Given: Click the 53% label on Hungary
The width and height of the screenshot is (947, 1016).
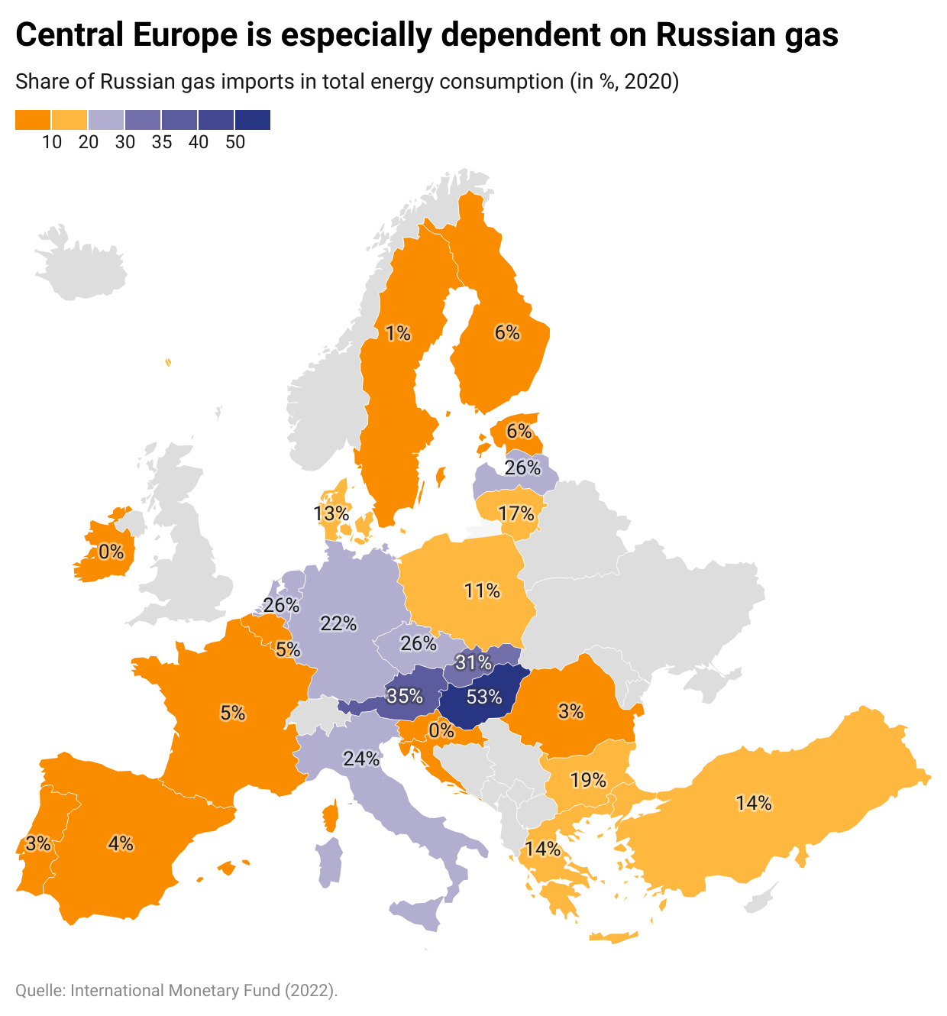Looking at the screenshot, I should point(484,697).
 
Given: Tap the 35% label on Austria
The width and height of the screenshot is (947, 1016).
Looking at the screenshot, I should point(405,696).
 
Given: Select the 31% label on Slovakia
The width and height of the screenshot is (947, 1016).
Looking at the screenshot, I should point(473,662).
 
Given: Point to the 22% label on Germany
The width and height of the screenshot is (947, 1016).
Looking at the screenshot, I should point(338,623).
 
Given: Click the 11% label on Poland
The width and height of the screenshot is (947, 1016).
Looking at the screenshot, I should point(482,591).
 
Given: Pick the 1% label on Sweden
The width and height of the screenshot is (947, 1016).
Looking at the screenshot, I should point(398,333).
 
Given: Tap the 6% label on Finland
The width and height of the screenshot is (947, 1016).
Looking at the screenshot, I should point(507,332).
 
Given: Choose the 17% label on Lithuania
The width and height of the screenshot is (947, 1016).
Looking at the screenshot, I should point(516,513).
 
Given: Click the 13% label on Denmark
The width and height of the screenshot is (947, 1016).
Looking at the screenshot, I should point(331,513).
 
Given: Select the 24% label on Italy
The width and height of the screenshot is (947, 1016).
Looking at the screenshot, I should point(361,759).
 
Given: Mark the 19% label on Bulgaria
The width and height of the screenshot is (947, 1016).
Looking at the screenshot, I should point(588,780).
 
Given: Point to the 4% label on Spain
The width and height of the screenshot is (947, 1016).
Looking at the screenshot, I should point(121,843).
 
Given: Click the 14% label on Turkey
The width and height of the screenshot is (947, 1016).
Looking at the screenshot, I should point(754,803).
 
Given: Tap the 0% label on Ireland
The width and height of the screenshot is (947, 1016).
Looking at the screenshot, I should point(111,551).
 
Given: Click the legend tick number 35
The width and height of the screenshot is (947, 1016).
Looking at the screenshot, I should point(161,142).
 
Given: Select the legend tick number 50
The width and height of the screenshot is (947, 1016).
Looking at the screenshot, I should point(234,142).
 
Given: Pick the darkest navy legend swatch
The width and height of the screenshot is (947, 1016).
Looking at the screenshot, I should point(253,120).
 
